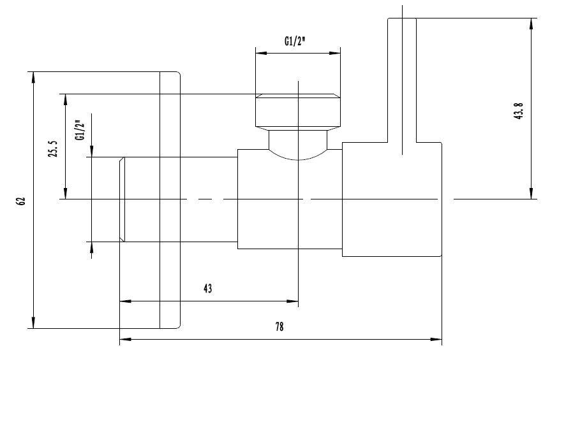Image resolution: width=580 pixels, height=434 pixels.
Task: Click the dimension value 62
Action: pyautogui.click(x=21, y=200)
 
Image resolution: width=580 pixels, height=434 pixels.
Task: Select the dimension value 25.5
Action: pyautogui.click(x=54, y=149)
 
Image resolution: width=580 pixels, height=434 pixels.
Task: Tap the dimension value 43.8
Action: pyautogui.click(x=519, y=112)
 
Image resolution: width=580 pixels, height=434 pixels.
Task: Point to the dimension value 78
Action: pyautogui.click(x=279, y=327)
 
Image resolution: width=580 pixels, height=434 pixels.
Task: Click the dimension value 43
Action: pyautogui.click(x=207, y=289)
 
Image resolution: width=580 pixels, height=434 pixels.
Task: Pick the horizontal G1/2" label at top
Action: pyautogui.click(x=295, y=41)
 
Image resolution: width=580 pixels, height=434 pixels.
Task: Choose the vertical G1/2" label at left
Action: pyautogui.click(x=80, y=130)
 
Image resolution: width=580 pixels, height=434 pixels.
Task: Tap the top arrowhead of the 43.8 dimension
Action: pyautogui.click(x=531, y=23)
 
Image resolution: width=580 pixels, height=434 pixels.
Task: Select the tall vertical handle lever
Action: pyautogui.click(x=402, y=76)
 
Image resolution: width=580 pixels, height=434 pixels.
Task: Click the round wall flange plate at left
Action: pyautogui.click(x=170, y=200)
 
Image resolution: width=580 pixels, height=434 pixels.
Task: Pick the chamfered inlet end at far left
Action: pyautogui.click(x=122, y=199)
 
